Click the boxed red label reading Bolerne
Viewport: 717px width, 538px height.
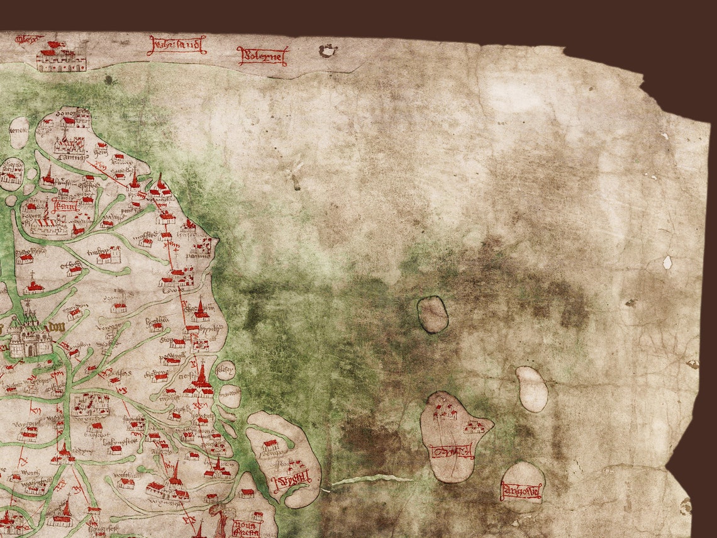tap(262, 56)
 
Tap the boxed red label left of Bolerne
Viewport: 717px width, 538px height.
tap(177, 45)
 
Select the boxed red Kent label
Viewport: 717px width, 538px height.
tap(65, 205)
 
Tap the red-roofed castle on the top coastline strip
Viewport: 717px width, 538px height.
tap(61, 59)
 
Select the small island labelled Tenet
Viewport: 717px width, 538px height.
tap(19, 133)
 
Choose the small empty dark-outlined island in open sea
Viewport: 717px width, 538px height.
tap(433, 314)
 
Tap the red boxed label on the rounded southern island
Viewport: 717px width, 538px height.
tap(521, 490)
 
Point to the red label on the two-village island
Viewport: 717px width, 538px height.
tap(451, 451)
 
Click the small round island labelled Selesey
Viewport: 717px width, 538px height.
tap(225, 370)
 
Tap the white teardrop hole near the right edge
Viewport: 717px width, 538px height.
tap(667, 262)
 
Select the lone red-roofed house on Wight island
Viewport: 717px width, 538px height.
tap(270, 446)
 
